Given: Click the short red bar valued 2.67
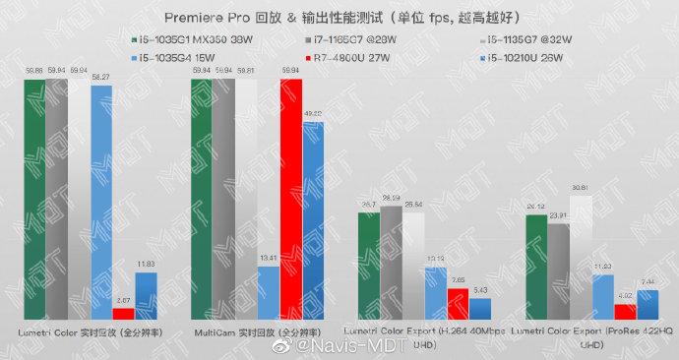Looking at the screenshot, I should (x=123, y=313).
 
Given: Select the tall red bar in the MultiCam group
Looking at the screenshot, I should (x=290, y=197).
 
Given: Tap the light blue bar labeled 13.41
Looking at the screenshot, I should (x=268, y=291).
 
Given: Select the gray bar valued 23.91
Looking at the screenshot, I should (x=558, y=270).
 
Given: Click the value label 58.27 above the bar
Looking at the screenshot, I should (x=100, y=77).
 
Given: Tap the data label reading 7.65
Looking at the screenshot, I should (x=458, y=280).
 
